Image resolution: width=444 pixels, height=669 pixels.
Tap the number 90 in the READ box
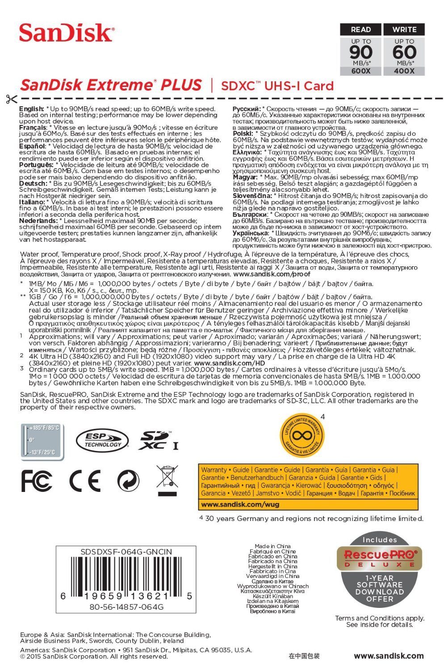tap(360, 53)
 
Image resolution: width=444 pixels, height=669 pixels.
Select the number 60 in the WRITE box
tap(404, 53)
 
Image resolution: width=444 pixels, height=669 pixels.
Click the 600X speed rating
tap(360, 71)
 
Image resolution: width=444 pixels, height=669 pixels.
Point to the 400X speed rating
tap(404, 71)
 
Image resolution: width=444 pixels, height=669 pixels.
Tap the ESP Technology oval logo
tap(102, 441)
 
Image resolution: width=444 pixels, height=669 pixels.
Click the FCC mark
tap(37, 481)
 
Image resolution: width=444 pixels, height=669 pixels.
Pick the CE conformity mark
tap(84, 481)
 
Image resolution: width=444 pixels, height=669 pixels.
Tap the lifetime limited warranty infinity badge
tap(302, 435)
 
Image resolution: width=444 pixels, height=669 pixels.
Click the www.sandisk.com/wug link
tap(240, 504)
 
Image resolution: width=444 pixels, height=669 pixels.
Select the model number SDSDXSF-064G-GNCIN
tap(126, 552)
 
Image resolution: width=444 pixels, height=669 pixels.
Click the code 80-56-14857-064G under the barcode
tap(126, 607)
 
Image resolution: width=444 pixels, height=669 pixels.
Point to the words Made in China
tap(272, 546)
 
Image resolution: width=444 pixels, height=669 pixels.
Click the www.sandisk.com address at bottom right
tap(389, 656)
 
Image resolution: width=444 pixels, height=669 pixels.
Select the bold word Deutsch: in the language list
tap(33, 183)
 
